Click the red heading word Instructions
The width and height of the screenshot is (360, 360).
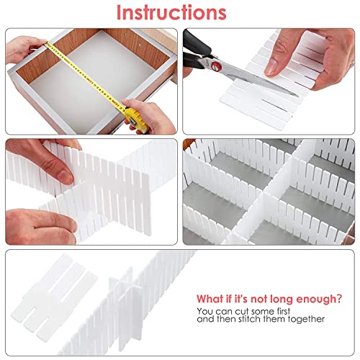pos(171,12)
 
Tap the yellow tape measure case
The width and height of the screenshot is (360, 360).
pos(136,120)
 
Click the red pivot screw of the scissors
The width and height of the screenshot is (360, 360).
pos(216,66)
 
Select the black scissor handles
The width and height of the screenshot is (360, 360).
pos(196,51)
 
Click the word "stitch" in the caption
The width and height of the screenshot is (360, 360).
pos(250,319)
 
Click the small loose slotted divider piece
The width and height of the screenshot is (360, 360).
pos(55,294)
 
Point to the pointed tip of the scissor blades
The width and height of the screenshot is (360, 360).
pos(298,96)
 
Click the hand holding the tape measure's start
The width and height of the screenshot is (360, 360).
pos(24,49)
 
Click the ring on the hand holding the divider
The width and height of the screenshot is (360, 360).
pos(352,63)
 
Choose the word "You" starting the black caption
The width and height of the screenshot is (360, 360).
pos(205,311)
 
